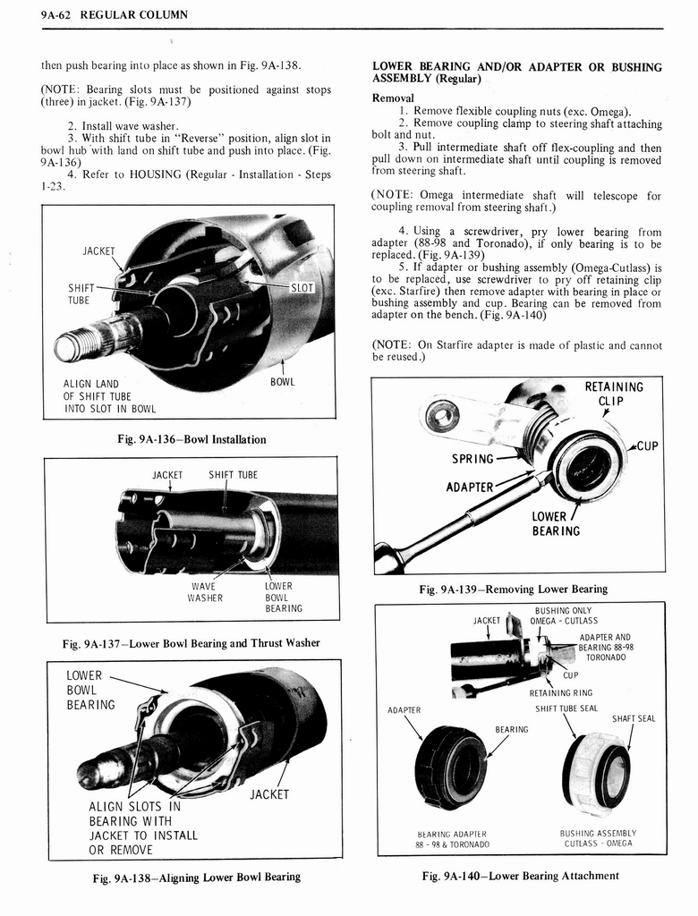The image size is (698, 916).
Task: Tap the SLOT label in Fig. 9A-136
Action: (302, 288)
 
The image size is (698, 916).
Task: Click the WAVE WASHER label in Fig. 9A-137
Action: (203, 592)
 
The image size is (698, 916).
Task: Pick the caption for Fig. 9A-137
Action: (192, 642)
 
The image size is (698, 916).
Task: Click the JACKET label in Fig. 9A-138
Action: (268, 794)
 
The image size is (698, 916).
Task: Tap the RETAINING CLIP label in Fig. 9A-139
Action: (613, 394)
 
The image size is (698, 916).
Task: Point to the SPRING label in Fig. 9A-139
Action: (472, 459)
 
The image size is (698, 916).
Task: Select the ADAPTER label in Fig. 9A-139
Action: (470, 488)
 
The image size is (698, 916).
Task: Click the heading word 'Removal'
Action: (393, 98)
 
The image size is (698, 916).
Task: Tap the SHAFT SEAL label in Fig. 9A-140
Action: (634, 718)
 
